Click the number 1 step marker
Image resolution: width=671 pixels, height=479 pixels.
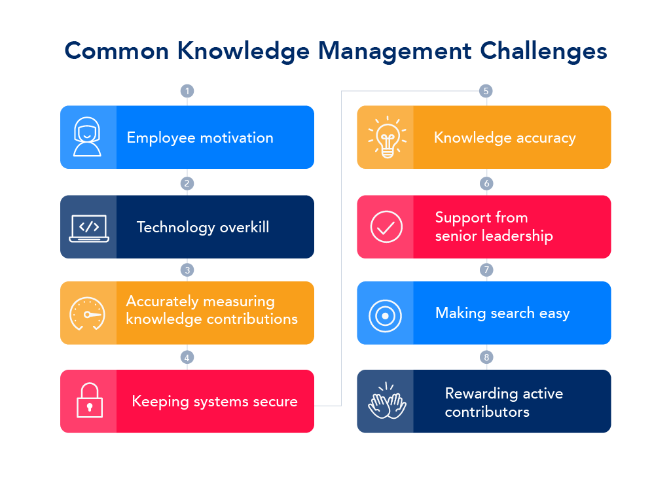pyautogui.click(x=187, y=91)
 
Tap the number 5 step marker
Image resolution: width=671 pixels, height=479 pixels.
pyautogui.click(x=485, y=91)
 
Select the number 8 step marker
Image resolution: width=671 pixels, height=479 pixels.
pyautogui.click(x=485, y=357)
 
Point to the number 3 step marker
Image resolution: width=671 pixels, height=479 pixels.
pyautogui.click(x=187, y=270)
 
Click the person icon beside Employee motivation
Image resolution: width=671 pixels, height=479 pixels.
pyautogui.click(x=88, y=137)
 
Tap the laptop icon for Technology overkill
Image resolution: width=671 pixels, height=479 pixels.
pyautogui.click(x=88, y=227)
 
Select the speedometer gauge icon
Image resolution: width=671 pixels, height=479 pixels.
pyautogui.click(x=88, y=313)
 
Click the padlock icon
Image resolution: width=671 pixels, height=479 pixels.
pyautogui.click(x=88, y=400)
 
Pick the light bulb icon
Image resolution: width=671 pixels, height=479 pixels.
pyautogui.click(x=386, y=137)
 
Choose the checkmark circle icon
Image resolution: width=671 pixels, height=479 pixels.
pyautogui.click(x=386, y=227)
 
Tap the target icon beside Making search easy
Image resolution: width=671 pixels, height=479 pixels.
pyautogui.click(x=386, y=316)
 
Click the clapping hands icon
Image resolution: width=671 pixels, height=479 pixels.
pyautogui.click(x=387, y=401)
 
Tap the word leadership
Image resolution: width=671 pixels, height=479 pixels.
pyautogui.click(x=517, y=236)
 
